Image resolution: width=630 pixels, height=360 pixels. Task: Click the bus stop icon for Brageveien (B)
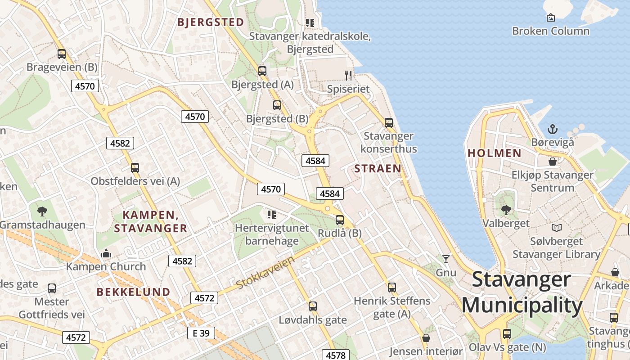click(62, 54)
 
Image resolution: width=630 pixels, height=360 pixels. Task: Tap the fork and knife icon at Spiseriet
click(348, 75)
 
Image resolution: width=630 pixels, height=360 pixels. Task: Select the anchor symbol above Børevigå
click(553, 129)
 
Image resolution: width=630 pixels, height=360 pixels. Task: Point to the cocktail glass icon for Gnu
click(445, 259)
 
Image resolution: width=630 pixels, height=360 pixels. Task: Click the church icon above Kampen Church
click(106, 253)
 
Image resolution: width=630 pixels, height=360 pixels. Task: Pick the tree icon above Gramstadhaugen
click(42, 211)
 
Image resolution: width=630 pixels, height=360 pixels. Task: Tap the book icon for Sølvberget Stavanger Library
click(557, 228)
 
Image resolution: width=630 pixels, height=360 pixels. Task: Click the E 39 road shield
click(201, 333)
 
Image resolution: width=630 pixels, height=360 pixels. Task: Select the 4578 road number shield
click(335, 355)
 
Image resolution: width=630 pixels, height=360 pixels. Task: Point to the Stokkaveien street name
click(265, 272)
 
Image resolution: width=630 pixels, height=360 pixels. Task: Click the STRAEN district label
click(378, 169)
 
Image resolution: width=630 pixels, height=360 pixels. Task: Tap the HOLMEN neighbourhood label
click(495, 153)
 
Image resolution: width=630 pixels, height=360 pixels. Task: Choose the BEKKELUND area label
click(134, 292)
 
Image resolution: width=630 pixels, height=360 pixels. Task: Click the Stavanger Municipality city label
click(522, 292)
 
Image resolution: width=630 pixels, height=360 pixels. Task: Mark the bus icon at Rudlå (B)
click(340, 220)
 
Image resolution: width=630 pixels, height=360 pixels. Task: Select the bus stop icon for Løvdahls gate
click(313, 306)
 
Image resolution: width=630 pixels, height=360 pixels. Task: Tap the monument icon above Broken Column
click(550, 18)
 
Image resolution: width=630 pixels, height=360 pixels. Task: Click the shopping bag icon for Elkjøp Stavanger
click(553, 162)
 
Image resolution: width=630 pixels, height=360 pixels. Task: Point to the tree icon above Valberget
click(506, 210)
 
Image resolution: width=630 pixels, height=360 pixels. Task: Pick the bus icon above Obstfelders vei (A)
click(135, 168)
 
